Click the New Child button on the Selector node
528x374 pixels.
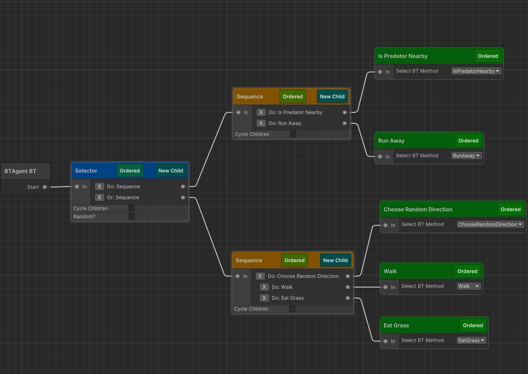click(x=171, y=171)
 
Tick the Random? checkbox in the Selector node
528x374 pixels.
click(x=132, y=217)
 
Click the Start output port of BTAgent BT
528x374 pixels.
click(x=45, y=187)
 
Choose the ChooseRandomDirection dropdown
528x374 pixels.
click(x=491, y=224)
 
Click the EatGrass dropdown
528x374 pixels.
click(x=472, y=340)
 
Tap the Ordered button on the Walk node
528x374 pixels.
click(x=467, y=271)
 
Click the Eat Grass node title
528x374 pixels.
click(x=396, y=325)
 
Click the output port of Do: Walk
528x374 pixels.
click(x=348, y=287)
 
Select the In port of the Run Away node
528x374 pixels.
click(x=380, y=157)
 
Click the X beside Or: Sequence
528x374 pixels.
click(x=100, y=197)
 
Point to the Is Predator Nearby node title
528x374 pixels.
click(x=403, y=56)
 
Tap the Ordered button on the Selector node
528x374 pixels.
click(x=130, y=171)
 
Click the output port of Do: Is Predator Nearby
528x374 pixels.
click(x=345, y=112)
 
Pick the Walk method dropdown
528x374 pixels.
click(x=469, y=286)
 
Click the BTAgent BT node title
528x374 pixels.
click(x=20, y=171)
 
